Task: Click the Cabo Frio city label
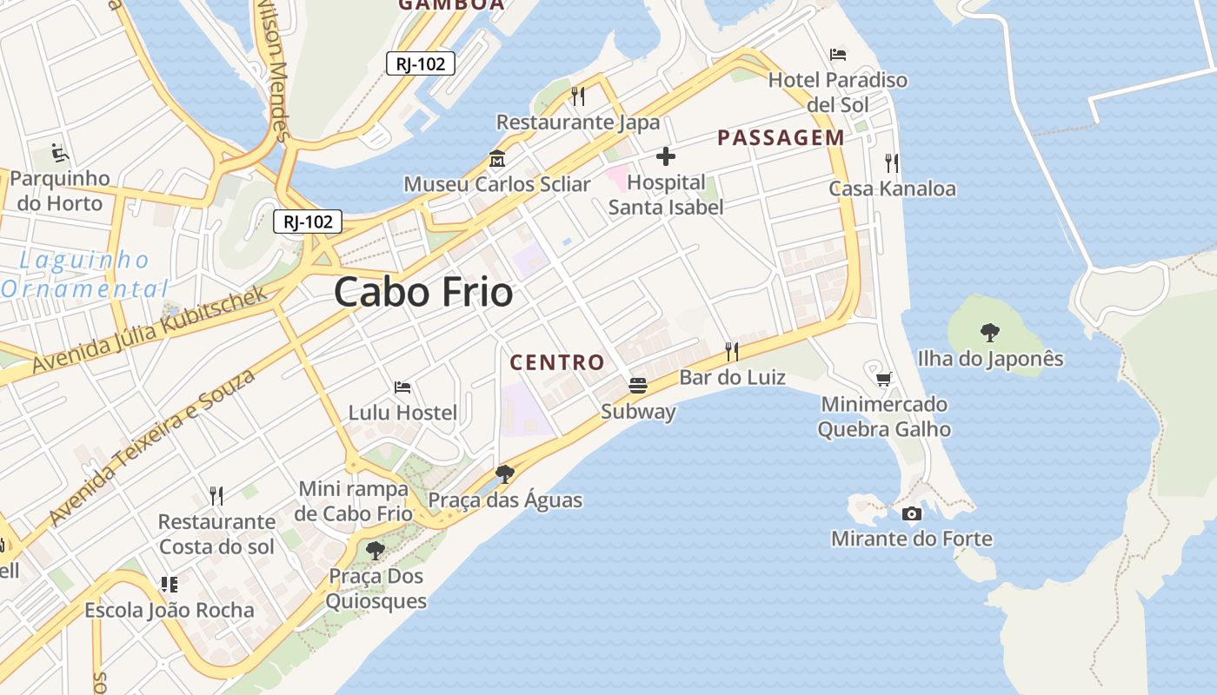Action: tap(423, 292)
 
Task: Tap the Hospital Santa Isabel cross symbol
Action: tap(666, 156)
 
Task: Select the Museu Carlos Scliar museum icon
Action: tap(497, 159)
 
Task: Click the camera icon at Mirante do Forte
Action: tap(911, 513)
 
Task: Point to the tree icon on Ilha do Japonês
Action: tap(989, 332)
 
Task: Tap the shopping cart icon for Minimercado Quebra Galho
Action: tap(884, 378)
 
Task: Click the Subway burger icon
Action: tap(638, 385)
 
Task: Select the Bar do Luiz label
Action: tap(732, 377)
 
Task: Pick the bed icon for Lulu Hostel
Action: tap(402, 387)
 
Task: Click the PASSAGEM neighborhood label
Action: tap(781, 137)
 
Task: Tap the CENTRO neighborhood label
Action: tap(556, 362)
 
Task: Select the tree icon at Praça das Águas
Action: tap(504, 473)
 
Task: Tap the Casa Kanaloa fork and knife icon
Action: tap(891, 162)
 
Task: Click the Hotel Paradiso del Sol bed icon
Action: tap(838, 55)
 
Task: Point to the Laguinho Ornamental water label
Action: tap(84, 274)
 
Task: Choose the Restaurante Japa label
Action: tap(578, 122)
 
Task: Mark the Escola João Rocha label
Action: tap(170, 610)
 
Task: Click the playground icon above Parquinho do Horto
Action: tap(60, 153)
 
